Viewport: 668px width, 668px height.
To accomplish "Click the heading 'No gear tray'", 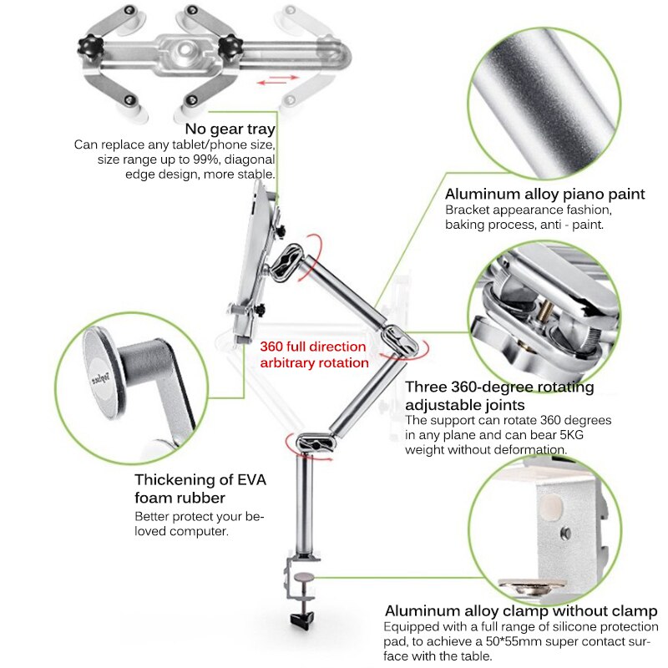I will tap(230, 129).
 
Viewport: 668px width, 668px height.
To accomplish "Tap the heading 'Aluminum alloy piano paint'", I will tap(544, 194).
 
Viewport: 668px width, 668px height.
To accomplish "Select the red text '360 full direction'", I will tap(312, 347).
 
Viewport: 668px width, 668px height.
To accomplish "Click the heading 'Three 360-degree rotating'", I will tap(499, 387).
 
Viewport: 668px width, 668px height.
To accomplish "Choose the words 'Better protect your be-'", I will tap(199, 517).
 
